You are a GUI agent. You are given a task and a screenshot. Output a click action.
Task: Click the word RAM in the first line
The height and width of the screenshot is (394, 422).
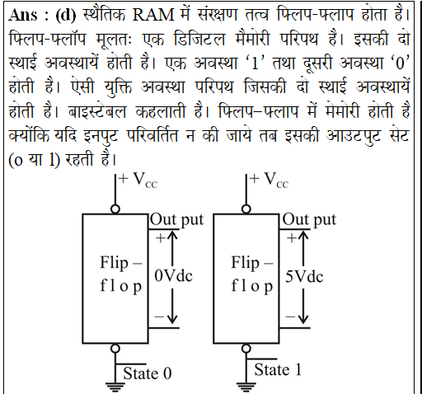click(153, 15)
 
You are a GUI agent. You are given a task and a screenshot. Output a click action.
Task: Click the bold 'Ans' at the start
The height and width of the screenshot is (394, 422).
click(23, 15)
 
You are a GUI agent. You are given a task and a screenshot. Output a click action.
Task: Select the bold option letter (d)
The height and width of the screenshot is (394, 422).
click(66, 15)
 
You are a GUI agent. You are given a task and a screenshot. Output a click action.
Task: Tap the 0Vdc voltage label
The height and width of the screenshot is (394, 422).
click(173, 275)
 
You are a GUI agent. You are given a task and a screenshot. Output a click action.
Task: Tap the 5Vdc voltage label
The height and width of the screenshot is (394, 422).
click(304, 276)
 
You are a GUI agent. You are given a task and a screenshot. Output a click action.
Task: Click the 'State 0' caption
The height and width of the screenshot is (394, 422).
click(148, 373)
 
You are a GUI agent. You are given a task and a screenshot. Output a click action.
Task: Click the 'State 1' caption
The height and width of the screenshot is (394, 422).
click(278, 369)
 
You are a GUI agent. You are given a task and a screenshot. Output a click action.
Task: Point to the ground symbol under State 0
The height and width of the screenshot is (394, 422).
click(115, 387)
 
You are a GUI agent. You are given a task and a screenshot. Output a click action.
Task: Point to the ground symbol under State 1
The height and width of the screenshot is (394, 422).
click(246, 387)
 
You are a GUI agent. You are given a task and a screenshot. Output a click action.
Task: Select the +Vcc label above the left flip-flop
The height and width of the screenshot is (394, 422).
click(138, 181)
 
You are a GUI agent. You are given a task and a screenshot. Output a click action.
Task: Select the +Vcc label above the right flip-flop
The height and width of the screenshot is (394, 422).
click(269, 181)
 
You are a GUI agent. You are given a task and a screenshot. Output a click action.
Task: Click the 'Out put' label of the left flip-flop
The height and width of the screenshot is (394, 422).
click(176, 220)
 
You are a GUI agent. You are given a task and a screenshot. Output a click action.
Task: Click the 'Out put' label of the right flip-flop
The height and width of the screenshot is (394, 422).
click(309, 220)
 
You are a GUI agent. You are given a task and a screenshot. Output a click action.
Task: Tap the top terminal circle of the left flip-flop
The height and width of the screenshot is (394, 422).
click(115, 209)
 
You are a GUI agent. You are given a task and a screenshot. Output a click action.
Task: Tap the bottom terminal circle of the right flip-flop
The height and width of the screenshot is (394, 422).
click(246, 349)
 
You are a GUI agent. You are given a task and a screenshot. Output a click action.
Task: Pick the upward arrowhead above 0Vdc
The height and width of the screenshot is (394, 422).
click(172, 236)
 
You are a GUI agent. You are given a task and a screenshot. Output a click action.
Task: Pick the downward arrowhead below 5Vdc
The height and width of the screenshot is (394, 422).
click(303, 319)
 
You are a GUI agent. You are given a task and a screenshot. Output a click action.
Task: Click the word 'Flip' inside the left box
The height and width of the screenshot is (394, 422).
click(114, 262)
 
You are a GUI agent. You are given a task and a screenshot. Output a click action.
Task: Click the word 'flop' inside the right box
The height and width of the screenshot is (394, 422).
click(252, 286)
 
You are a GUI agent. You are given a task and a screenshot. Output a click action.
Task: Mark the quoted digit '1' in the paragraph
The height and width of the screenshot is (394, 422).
click(256, 63)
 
